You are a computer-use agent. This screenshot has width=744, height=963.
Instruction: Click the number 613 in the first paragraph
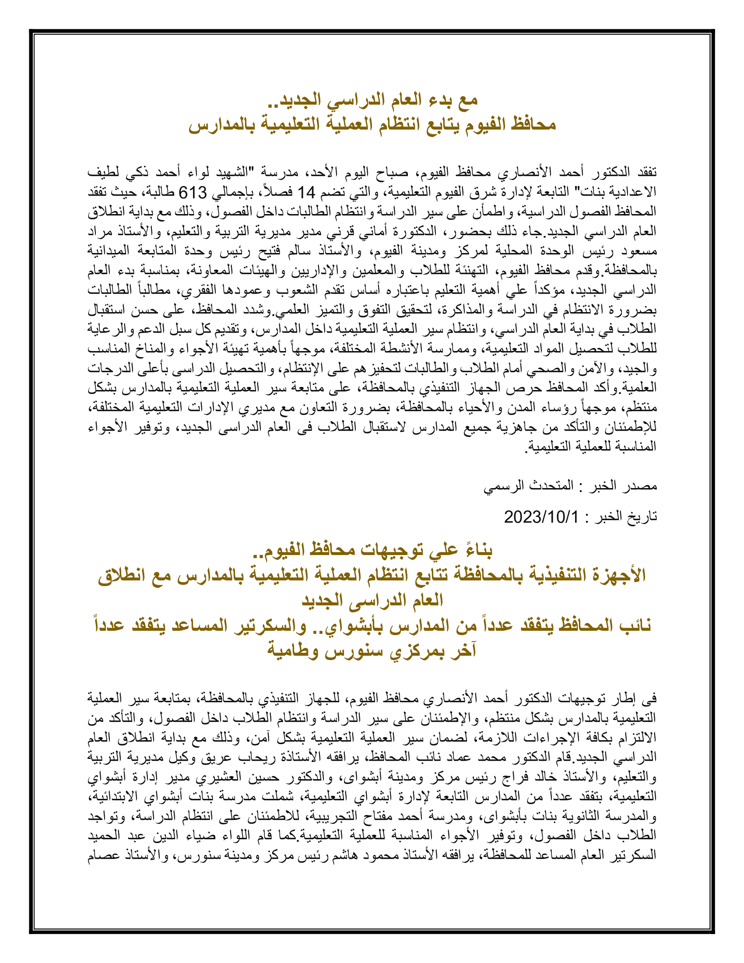pyautogui.click(x=193, y=192)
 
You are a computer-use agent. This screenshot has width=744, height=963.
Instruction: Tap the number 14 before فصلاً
pyautogui.click(x=306, y=192)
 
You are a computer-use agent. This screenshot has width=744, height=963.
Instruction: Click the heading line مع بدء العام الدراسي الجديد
pyautogui.click(x=373, y=100)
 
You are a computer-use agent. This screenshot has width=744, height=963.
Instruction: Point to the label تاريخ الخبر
pyautogui.click(x=626, y=517)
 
